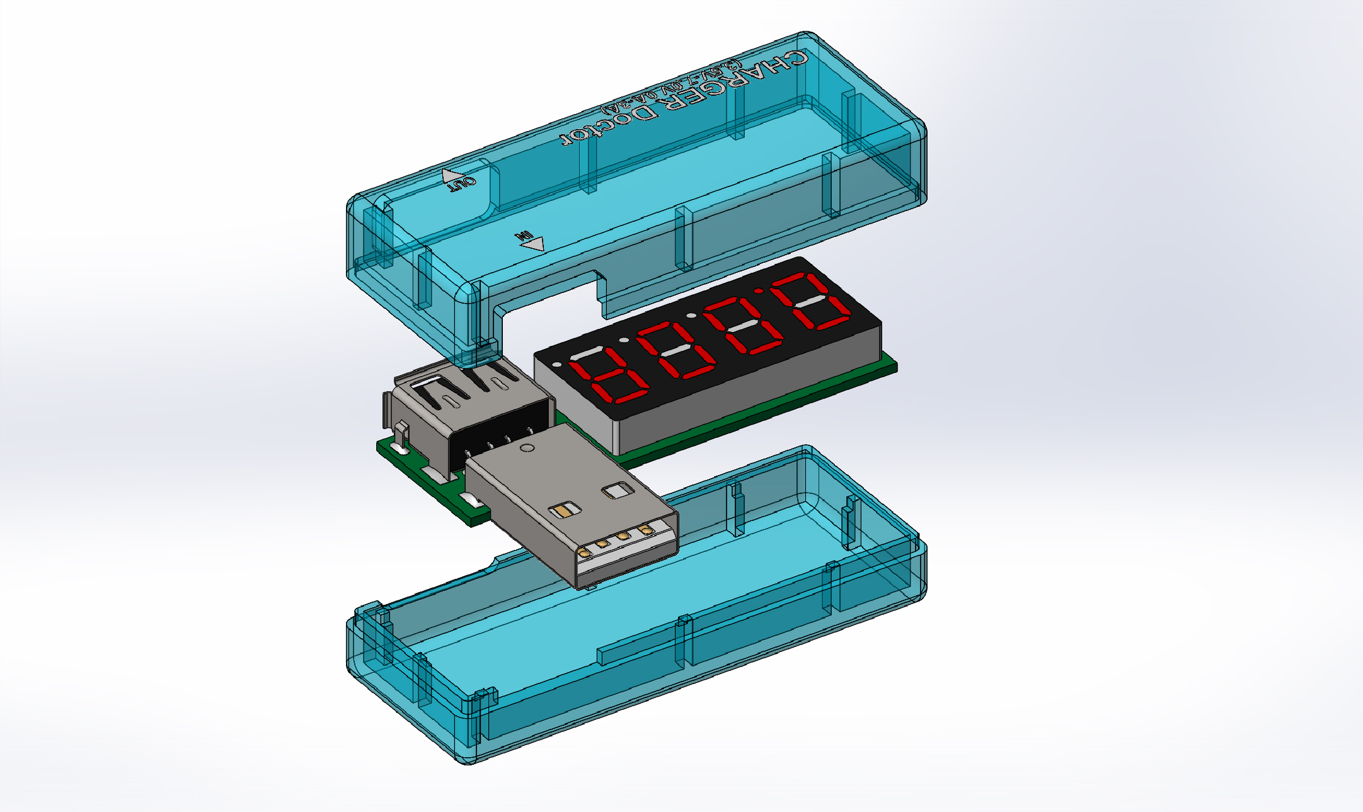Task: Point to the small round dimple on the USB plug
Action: coord(527,449)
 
